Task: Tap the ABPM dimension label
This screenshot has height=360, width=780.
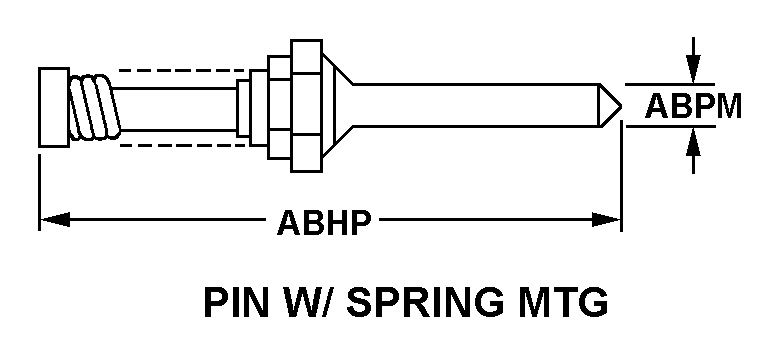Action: click(x=692, y=107)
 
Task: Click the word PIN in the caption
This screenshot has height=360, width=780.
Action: click(x=238, y=301)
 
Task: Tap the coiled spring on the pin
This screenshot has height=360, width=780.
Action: click(x=96, y=107)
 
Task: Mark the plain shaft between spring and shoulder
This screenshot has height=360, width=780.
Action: click(x=180, y=107)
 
